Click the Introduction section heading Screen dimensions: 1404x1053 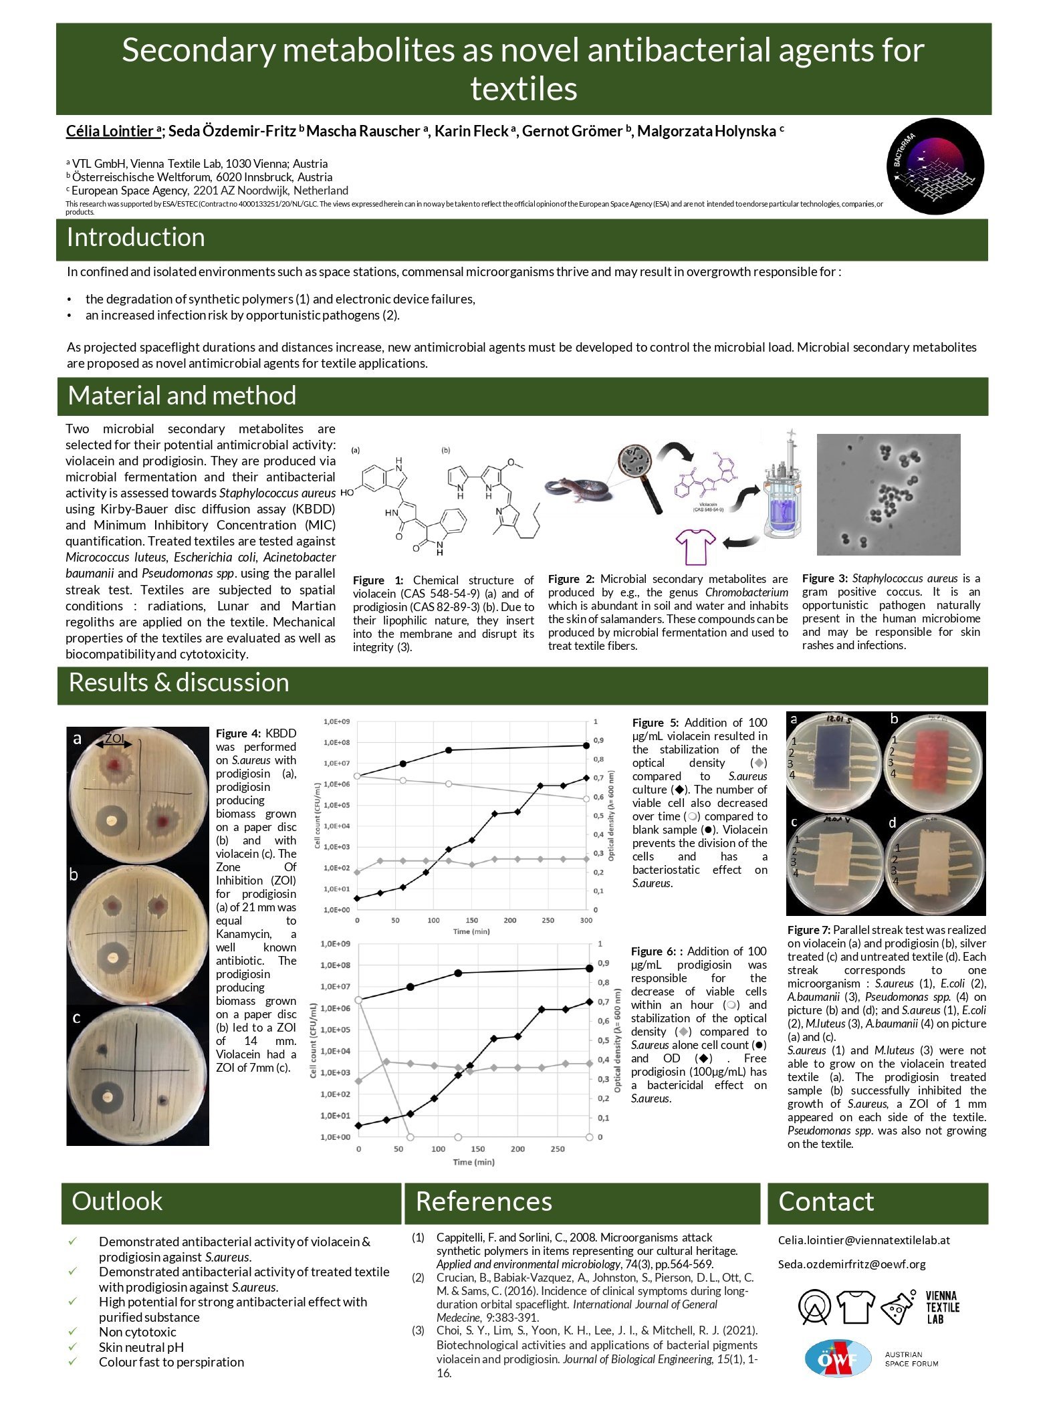click(136, 238)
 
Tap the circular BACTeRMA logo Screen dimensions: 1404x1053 click(935, 166)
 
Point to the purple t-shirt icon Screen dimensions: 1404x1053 click(695, 546)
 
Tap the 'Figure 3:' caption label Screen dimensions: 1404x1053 click(825, 578)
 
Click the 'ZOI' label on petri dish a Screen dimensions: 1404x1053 click(114, 738)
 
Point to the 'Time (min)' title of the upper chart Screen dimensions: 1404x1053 click(471, 931)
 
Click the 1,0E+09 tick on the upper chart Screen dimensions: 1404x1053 click(336, 722)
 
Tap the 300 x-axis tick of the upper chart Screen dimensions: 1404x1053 click(586, 921)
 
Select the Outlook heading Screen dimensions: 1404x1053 click(117, 1201)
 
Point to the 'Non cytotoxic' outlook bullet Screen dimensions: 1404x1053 click(138, 1332)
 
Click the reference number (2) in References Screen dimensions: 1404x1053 click(418, 1278)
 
